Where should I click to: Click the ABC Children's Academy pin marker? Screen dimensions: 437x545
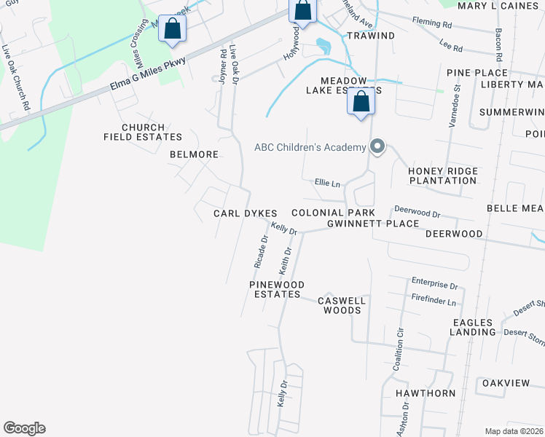(x=377, y=147)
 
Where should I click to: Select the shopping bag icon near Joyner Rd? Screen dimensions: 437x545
(x=173, y=29)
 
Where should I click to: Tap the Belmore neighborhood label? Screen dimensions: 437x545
(x=194, y=154)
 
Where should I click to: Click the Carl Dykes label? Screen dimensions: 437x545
(x=245, y=213)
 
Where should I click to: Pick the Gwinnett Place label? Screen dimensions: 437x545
(x=373, y=224)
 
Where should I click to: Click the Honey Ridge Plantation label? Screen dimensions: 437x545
(x=443, y=176)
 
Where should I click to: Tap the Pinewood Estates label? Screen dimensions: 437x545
(x=275, y=289)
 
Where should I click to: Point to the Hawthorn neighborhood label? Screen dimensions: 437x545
(x=426, y=393)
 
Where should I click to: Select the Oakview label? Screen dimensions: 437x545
(x=505, y=382)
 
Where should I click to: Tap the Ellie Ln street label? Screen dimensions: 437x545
(x=327, y=184)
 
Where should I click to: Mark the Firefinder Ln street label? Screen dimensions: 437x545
(x=434, y=302)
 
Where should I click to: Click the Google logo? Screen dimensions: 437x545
(x=24, y=428)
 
